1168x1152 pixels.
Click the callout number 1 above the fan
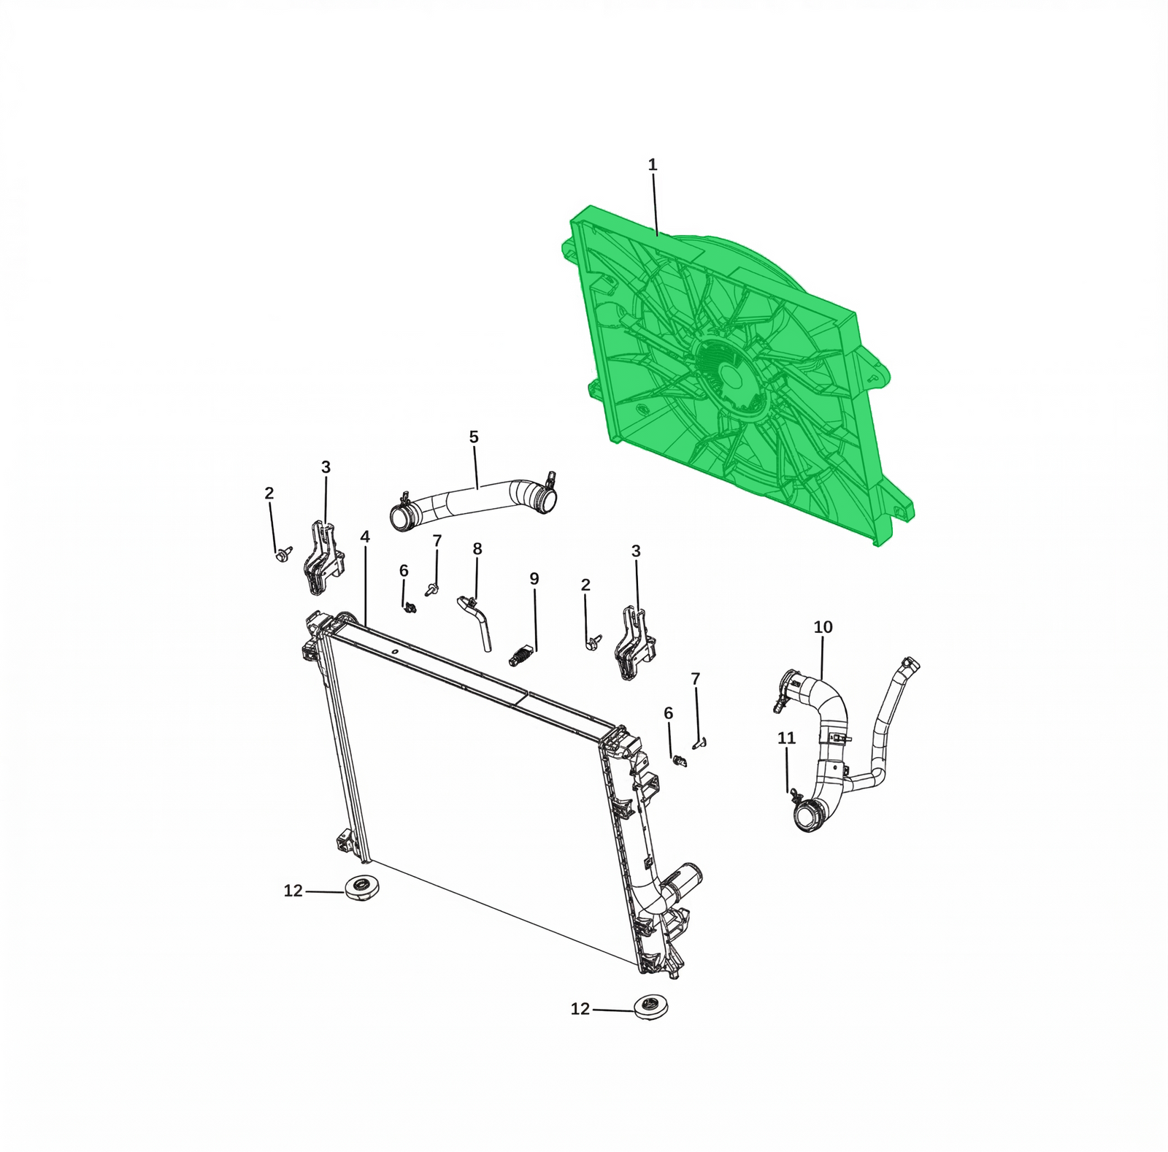(653, 166)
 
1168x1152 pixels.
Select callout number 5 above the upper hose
(474, 437)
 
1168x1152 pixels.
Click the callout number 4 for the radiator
(365, 537)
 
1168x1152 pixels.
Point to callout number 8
(477, 549)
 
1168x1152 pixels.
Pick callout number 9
(534, 579)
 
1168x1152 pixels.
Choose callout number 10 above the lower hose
(823, 627)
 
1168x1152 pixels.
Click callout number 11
(786, 738)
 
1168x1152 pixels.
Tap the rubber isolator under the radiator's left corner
(361, 887)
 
